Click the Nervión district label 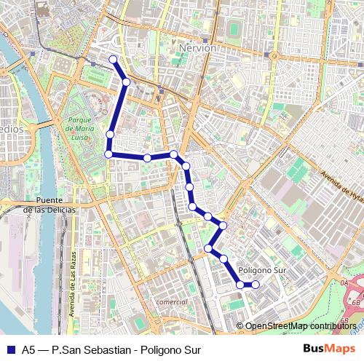point(197,47)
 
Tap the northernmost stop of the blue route point(113,59)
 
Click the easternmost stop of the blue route point(255,285)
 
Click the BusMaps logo point(330,349)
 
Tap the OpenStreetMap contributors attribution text point(301,326)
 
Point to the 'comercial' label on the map point(172,301)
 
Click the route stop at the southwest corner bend point(108,154)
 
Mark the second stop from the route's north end point(126,82)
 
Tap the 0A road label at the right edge point(344,282)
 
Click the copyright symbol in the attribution point(240,326)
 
